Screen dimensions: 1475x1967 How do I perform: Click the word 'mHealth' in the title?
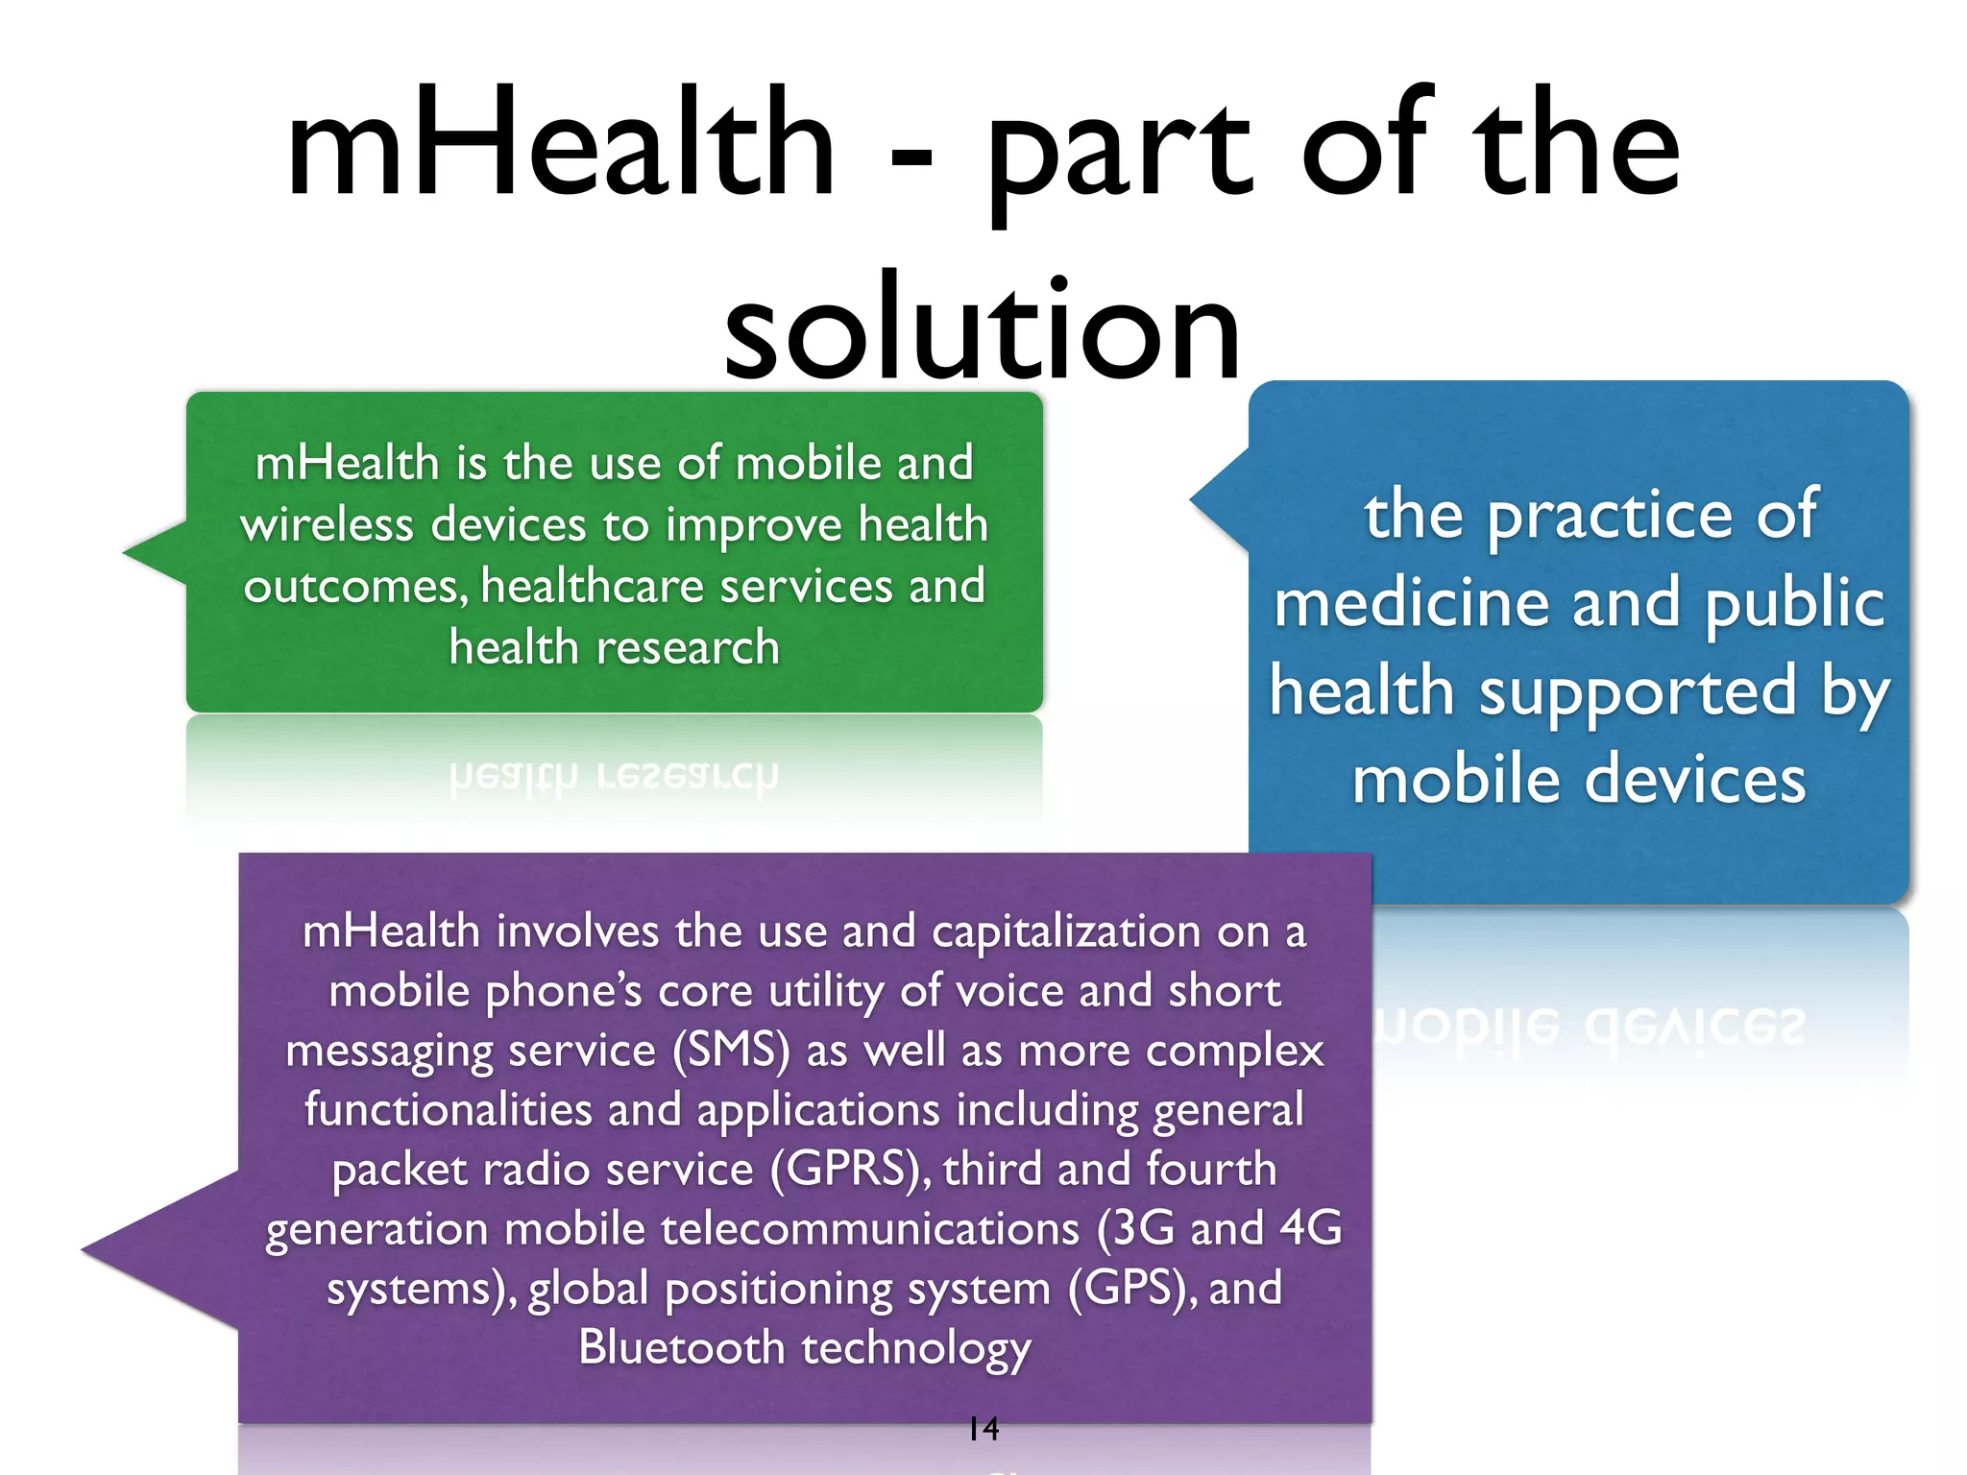pos(561,144)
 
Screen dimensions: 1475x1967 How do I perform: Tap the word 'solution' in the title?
pos(982,329)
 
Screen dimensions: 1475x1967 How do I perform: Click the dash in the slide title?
pos(911,155)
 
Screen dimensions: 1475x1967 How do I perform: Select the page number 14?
pos(983,1429)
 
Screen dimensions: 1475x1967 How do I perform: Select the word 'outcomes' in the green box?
pos(353,587)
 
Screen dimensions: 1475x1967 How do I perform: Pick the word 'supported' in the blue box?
pos(1637,691)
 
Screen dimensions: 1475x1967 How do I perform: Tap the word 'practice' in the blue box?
pos(1610,516)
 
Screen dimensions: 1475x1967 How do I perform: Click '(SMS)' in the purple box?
pos(731,1051)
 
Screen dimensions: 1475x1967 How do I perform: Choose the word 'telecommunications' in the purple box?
pos(863,1229)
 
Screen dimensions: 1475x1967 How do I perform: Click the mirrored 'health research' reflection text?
pos(614,775)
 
